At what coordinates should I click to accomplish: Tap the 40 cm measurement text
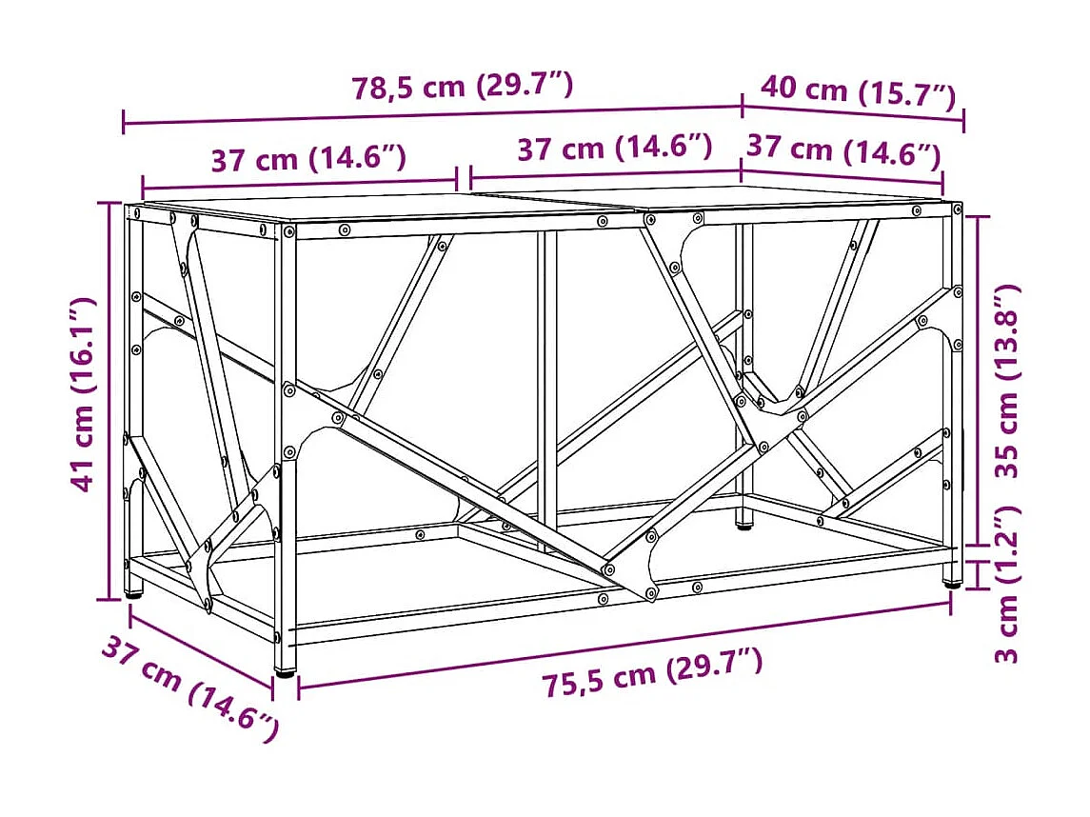click(x=804, y=90)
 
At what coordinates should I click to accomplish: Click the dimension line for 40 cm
click(x=853, y=112)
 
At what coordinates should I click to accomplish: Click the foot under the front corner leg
click(x=284, y=670)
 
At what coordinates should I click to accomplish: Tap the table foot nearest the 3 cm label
click(x=950, y=581)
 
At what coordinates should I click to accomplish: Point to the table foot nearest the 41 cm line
click(x=133, y=593)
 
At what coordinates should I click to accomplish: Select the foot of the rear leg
click(x=743, y=522)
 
